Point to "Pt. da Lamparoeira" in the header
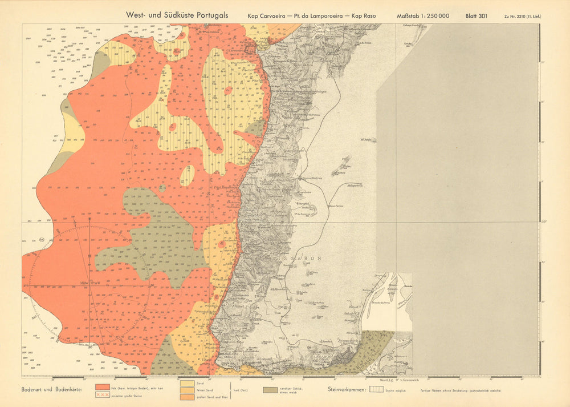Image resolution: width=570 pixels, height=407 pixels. (x=317, y=16)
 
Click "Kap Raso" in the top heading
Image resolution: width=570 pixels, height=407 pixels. (x=370, y=16)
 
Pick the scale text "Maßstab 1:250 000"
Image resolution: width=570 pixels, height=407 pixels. (x=423, y=16)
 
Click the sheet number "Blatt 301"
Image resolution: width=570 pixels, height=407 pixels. (x=477, y=16)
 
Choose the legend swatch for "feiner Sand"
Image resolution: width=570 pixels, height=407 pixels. (x=186, y=390)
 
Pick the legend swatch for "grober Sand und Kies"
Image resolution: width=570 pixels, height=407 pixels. (x=186, y=396)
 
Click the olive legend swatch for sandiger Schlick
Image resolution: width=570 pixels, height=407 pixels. (x=271, y=390)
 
